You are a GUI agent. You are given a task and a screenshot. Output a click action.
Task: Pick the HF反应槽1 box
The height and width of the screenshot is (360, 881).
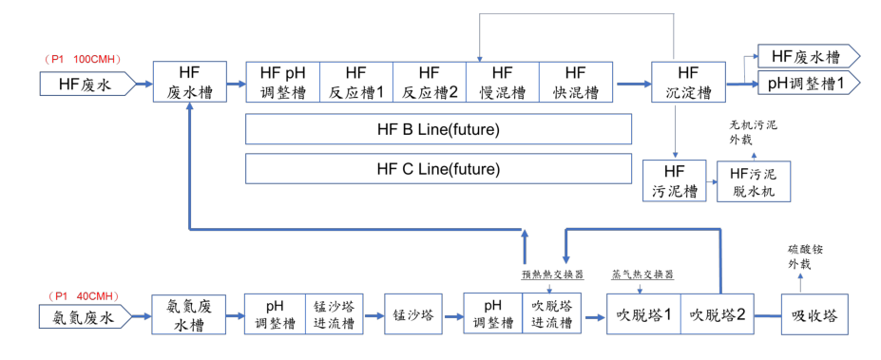coord(355,83)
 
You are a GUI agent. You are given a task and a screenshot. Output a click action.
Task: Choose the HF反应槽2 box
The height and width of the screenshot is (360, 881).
coord(429,83)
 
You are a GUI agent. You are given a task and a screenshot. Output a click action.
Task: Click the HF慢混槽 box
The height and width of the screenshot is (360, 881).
coord(502,83)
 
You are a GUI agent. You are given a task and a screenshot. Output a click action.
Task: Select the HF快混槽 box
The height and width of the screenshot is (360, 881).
coord(575,83)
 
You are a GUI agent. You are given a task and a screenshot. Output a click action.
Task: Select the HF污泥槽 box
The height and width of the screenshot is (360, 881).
coord(674,180)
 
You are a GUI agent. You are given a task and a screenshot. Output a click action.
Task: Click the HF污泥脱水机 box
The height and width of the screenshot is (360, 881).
coord(753,180)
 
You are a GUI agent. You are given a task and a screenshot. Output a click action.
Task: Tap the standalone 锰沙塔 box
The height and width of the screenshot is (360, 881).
coord(414,314)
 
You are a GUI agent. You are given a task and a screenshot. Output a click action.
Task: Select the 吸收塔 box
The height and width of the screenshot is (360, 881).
coord(813,314)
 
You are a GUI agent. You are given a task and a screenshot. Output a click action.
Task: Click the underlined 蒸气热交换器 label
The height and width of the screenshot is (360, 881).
coord(642,275)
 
